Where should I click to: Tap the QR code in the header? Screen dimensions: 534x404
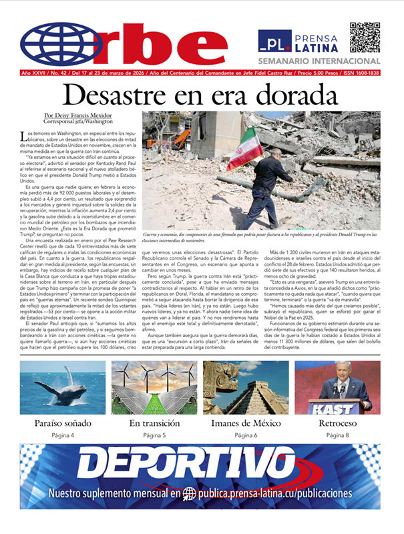[365, 37]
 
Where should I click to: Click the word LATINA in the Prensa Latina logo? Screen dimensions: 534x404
[314, 47]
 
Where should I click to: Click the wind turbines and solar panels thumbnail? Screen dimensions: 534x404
[153, 388]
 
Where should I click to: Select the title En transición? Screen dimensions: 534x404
[153, 423]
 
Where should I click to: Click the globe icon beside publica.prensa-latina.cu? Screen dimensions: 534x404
[190, 495]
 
